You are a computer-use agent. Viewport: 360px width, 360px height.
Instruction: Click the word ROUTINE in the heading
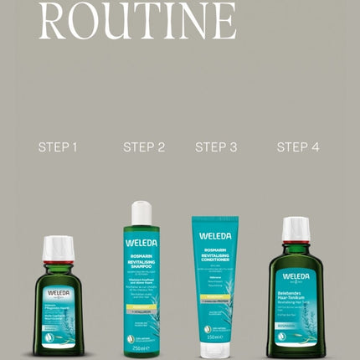(137, 20)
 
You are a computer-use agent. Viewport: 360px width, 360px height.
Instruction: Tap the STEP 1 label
(58, 147)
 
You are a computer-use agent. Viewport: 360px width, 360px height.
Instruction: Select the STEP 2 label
(144, 147)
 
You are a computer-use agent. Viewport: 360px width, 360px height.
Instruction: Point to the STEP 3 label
(216, 147)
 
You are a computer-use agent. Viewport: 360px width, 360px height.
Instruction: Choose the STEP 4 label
(298, 147)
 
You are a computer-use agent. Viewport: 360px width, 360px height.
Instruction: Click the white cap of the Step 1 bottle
(58, 248)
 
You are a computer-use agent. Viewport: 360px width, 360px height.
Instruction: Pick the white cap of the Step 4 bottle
(296, 229)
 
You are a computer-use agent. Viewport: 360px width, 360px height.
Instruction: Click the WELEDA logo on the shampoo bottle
(141, 243)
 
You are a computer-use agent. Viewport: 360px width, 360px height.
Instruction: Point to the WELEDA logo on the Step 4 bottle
(296, 275)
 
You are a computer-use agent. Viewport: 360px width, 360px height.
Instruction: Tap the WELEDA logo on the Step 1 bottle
(59, 293)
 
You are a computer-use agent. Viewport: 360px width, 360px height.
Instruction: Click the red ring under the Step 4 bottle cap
(296, 243)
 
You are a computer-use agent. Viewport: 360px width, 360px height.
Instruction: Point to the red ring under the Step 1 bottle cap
(58, 261)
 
